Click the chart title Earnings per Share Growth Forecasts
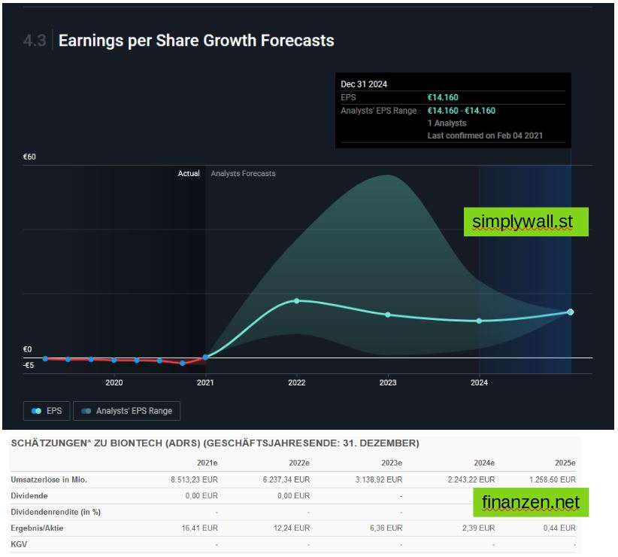pos(196,41)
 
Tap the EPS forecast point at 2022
pos(297,301)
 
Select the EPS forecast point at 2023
pos(388,315)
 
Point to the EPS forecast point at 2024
pos(479,321)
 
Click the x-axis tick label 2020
pos(114,383)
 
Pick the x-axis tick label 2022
pos(297,383)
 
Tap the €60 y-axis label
pos(30,157)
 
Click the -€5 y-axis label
pos(29,366)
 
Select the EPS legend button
pos(47,411)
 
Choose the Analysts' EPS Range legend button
pos(127,411)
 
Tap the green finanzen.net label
pos(531,502)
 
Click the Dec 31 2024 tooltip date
pos(365,84)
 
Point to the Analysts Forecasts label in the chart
pos(243,174)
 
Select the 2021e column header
pos(207,463)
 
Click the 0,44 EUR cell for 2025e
pos(560,528)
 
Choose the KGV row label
pos(20,543)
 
